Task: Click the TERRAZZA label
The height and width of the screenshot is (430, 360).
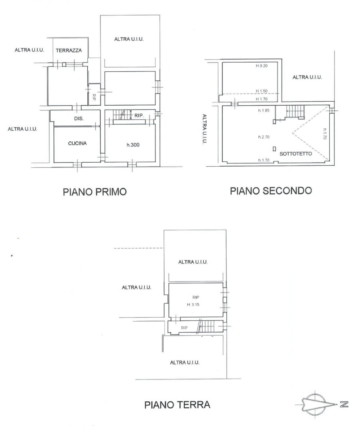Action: [69, 51]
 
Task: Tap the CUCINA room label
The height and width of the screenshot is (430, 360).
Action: [77, 143]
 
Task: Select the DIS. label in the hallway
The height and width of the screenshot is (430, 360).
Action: [79, 119]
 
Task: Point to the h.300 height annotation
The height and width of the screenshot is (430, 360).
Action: [133, 145]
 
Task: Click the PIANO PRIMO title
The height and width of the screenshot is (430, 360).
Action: [94, 192]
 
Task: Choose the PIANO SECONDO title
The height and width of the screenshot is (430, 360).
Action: [271, 190]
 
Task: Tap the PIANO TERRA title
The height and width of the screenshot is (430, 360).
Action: [177, 405]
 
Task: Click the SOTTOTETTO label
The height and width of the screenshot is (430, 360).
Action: [295, 154]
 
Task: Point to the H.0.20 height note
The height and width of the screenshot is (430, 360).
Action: [262, 66]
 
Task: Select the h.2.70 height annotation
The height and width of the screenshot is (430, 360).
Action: [264, 137]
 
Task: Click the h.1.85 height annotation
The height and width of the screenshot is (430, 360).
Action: [264, 111]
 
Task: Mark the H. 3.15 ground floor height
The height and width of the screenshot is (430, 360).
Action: [193, 304]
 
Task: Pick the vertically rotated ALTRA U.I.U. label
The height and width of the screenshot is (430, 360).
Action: [205, 129]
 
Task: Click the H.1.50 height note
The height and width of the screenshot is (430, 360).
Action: [262, 91]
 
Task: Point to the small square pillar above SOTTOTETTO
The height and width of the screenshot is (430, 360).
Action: [274, 149]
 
